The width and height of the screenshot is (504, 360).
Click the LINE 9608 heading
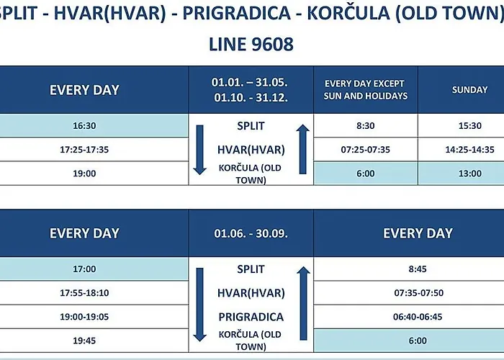point(251,44)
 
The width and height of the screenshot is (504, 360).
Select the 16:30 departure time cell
point(84,125)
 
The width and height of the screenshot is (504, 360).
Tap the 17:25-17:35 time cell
point(84,150)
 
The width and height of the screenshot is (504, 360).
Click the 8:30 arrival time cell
point(366,125)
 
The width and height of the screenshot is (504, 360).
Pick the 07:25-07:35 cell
point(366,150)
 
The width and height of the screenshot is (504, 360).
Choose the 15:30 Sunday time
point(470,125)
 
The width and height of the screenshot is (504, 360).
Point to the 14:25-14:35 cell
point(470,150)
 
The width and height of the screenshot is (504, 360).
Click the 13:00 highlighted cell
point(470,174)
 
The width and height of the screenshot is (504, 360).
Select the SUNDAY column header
point(470,90)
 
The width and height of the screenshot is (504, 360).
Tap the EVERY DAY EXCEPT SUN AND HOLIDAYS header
point(366,90)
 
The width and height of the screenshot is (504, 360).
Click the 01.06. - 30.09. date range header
point(251,233)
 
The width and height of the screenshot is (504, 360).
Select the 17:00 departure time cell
point(84,269)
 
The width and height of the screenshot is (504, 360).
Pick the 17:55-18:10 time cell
point(84,293)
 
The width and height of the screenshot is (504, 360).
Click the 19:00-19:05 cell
point(84,317)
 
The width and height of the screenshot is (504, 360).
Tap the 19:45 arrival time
point(84,341)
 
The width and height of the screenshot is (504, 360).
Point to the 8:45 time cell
point(418,269)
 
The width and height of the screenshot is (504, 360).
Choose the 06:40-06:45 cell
point(418,317)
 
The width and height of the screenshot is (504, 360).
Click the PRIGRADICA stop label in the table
point(251,317)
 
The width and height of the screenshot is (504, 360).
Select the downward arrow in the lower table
point(199,305)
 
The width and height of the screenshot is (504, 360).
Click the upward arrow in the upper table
point(302,150)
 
